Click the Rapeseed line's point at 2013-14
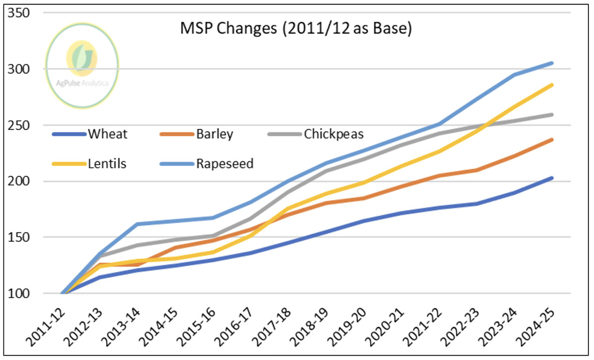point(136,224)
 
